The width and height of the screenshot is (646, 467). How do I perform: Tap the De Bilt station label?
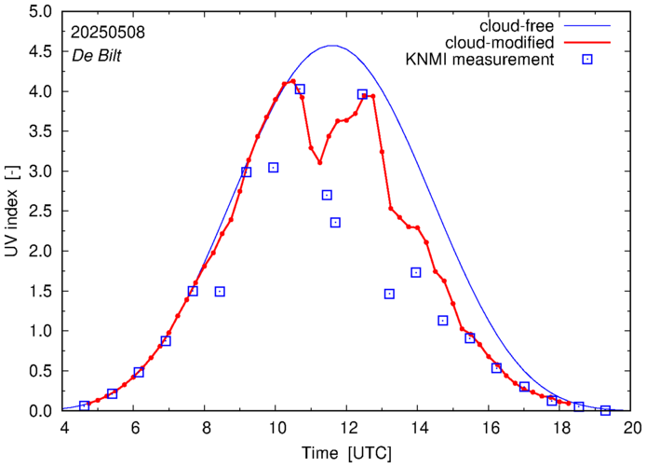click(x=97, y=55)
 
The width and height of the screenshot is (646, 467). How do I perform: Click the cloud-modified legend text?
click(x=501, y=43)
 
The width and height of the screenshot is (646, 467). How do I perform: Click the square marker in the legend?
click(x=585, y=61)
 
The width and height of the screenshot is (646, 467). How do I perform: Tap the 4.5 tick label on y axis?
click(x=40, y=52)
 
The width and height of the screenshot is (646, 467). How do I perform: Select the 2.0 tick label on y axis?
click(x=40, y=252)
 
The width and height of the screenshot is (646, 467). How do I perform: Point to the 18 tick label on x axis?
click(x=562, y=429)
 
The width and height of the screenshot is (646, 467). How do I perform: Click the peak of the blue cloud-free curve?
click(x=331, y=45)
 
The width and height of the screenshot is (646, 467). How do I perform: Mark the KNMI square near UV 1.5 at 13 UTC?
click(x=389, y=294)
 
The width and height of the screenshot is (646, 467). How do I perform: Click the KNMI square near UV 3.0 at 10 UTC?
click(x=274, y=168)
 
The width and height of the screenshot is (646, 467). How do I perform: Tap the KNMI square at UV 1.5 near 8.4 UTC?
click(x=220, y=292)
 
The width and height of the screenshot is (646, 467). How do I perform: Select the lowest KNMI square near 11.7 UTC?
click(x=335, y=222)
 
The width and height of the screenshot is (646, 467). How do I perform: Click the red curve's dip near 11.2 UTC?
click(x=319, y=163)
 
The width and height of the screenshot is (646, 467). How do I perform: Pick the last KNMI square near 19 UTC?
click(x=605, y=410)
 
